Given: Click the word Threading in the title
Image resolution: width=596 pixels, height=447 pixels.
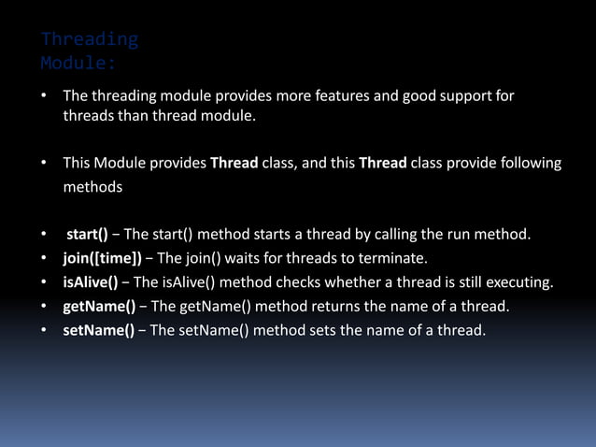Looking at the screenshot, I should point(90,39).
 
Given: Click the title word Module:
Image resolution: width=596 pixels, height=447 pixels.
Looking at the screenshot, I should point(78,65).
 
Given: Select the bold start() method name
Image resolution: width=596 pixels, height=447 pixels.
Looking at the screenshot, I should point(87,234).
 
